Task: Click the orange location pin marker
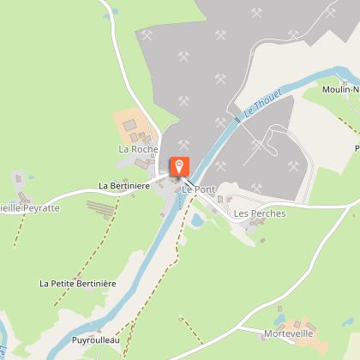pyautogui.click(x=180, y=166)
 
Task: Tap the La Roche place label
pyautogui.click(x=139, y=149)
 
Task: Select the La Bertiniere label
pyautogui.click(x=124, y=184)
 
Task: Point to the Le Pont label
pyautogui.click(x=198, y=189)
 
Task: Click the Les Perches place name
pyautogui.click(x=259, y=213)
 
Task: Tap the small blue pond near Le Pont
pyautogui.click(x=198, y=220)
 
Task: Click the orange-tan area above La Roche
pyautogui.click(x=129, y=125)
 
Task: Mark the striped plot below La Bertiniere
pyautogui.click(x=101, y=209)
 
